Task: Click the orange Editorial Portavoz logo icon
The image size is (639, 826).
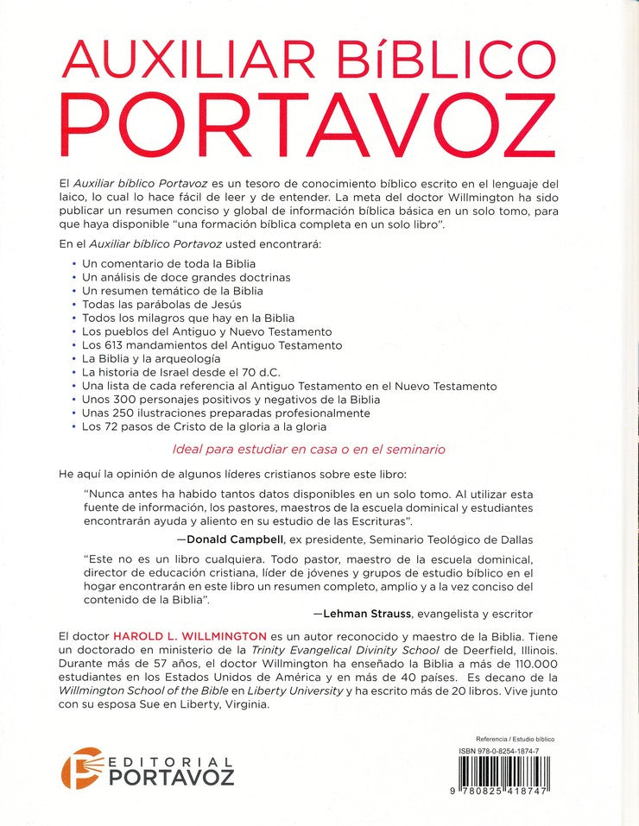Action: pos(78,767)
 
